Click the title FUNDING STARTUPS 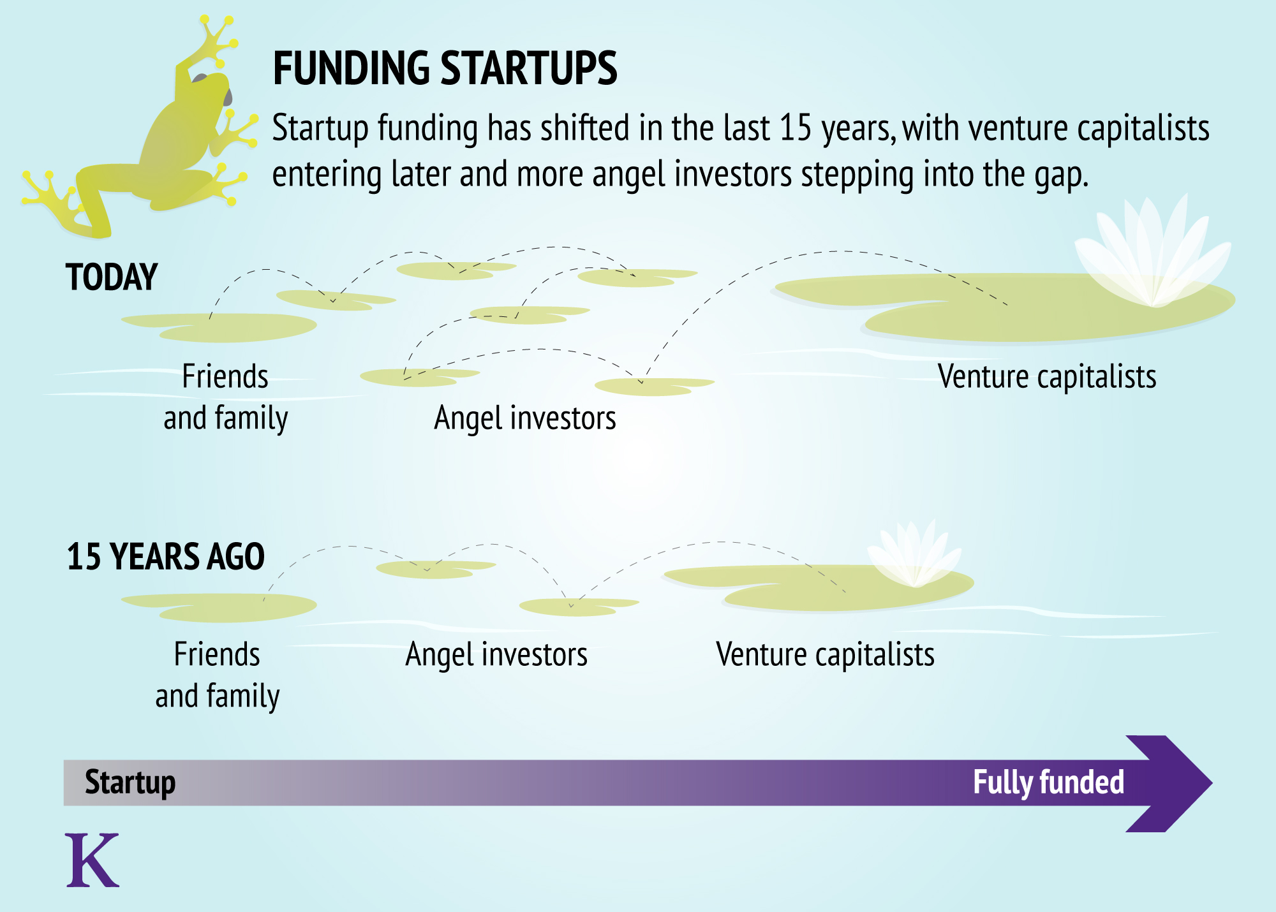(445, 68)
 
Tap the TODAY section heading (112, 277)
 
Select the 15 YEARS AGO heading (166, 557)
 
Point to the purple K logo (92, 860)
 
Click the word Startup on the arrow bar (130, 783)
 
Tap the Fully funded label (1048, 783)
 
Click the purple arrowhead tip (1212, 783)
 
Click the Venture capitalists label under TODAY (1047, 376)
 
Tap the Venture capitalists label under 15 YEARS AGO (826, 655)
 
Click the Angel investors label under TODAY (525, 419)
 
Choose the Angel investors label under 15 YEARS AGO (496, 655)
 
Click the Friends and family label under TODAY (226, 397)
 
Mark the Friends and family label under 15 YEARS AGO (218, 675)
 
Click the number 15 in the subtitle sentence (796, 128)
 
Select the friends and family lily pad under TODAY (219, 327)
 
